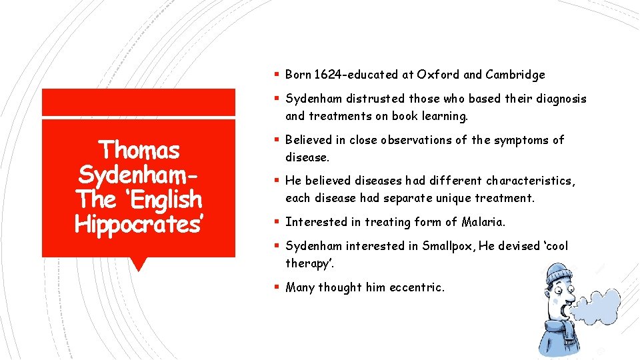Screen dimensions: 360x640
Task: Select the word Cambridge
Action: point(515,75)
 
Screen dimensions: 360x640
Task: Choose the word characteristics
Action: point(531,181)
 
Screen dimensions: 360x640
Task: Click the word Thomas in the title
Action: point(138,150)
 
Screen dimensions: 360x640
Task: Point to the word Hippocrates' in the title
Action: point(139,225)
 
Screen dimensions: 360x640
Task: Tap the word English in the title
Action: point(167,199)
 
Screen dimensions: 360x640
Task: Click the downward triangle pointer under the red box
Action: point(138,264)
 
